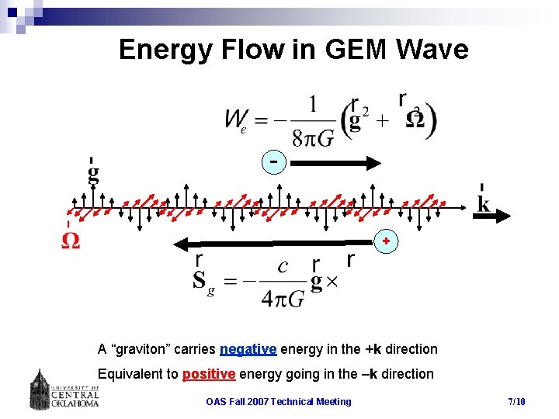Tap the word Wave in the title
point(432,50)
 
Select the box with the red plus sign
point(386,242)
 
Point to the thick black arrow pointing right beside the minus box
point(336,163)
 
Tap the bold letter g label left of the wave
point(93,172)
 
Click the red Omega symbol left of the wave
point(71,241)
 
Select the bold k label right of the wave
point(483,203)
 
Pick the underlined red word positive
point(209,374)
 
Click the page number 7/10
point(516,401)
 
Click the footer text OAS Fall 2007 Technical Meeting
point(278,401)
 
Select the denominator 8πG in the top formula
point(314,139)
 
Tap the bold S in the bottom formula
point(200,279)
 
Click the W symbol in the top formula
point(234,119)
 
